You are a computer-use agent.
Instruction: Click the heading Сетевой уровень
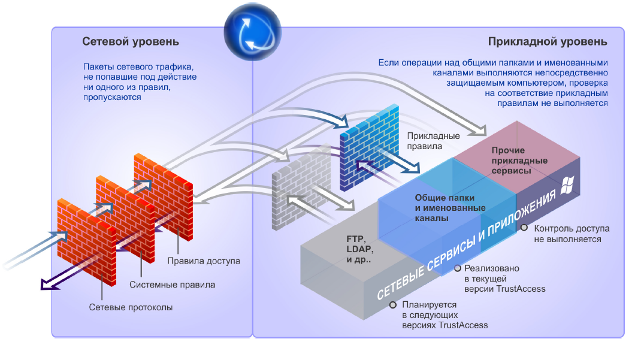click(130, 42)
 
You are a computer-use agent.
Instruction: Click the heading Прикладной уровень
click(548, 42)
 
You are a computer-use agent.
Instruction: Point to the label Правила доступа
click(204, 261)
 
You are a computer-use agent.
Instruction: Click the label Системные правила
click(172, 285)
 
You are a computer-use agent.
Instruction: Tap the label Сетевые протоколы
click(131, 307)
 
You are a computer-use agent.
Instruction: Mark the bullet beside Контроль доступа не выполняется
click(524, 228)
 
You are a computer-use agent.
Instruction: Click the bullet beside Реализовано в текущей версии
click(458, 269)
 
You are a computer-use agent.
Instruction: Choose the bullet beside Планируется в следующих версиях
click(393, 305)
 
